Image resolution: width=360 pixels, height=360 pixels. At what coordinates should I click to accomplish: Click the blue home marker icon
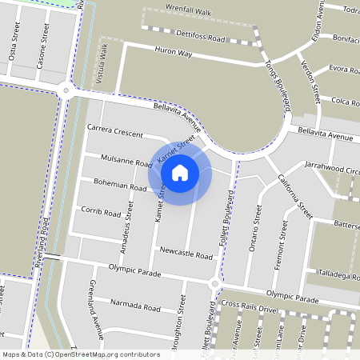point(180,171)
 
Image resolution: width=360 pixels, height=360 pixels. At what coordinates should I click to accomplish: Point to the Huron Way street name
point(174,53)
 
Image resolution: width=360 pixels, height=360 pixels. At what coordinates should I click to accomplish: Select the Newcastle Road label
point(186,255)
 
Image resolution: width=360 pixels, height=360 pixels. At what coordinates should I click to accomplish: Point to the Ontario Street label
point(257,228)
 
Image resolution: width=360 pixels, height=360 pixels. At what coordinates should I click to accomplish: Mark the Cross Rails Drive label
point(248,306)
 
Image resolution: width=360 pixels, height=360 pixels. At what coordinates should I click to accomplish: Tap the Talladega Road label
point(338,275)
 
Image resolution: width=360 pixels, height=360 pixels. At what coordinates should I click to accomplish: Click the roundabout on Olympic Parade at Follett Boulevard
point(214,284)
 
